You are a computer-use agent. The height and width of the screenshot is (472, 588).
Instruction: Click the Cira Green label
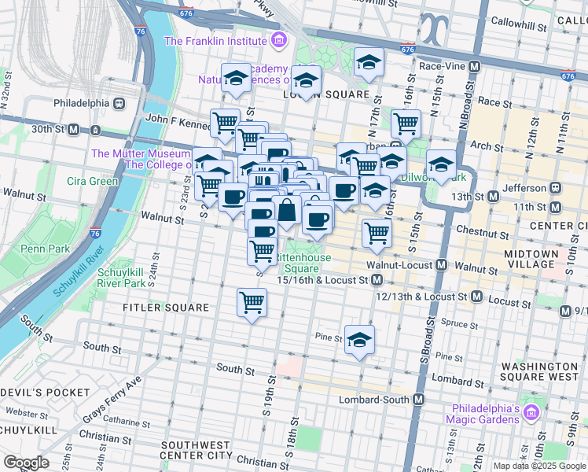[x=92, y=182]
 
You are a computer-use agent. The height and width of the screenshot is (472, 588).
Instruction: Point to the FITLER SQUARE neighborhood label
[x=166, y=308]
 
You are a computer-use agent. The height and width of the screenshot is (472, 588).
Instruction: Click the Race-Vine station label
[x=443, y=68]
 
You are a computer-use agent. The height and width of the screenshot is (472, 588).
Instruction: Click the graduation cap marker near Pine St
[x=359, y=340]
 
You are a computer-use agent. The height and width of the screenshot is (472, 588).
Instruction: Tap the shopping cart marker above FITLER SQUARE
[x=252, y=301]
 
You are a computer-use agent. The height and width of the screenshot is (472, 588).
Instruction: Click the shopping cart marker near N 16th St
[x=406, y=123]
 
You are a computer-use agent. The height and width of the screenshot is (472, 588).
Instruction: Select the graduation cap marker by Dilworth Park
[x=442, y=164]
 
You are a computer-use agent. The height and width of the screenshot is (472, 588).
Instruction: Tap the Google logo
[x=26, y=463]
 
